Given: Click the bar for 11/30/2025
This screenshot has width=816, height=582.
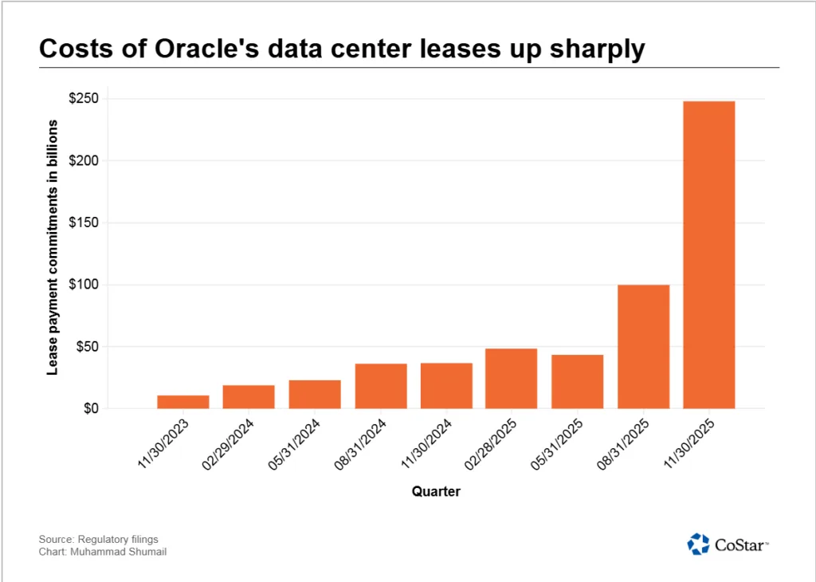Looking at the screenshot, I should (708, 255).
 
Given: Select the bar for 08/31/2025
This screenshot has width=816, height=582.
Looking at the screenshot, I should (643, 347).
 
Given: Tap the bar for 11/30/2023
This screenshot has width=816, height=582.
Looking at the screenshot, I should (183, 402).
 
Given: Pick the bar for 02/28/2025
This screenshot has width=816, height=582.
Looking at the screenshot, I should (512, 379).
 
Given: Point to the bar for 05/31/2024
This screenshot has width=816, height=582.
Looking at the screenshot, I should (315, 395).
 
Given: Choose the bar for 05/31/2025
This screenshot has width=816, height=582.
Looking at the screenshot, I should (577, 382).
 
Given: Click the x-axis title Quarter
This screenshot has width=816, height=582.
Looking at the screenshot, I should (436, 492).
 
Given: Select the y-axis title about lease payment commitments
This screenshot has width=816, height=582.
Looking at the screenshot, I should (53, 247).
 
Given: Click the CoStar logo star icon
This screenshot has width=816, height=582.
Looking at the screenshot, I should (698, 544).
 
